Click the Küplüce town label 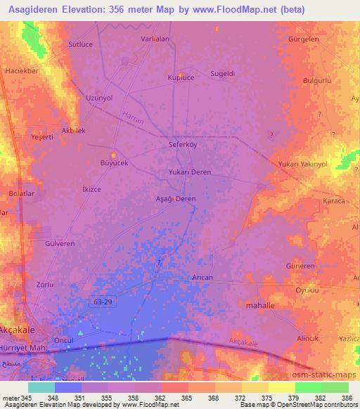[x=181, y=77]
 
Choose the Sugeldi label [x=224, y=72]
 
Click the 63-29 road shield [x=102, y=301]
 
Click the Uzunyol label [x=98, y=98]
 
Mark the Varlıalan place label [x=155, y=39]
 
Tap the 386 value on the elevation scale [x=345, y=398]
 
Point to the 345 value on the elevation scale [x=27, y=398]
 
